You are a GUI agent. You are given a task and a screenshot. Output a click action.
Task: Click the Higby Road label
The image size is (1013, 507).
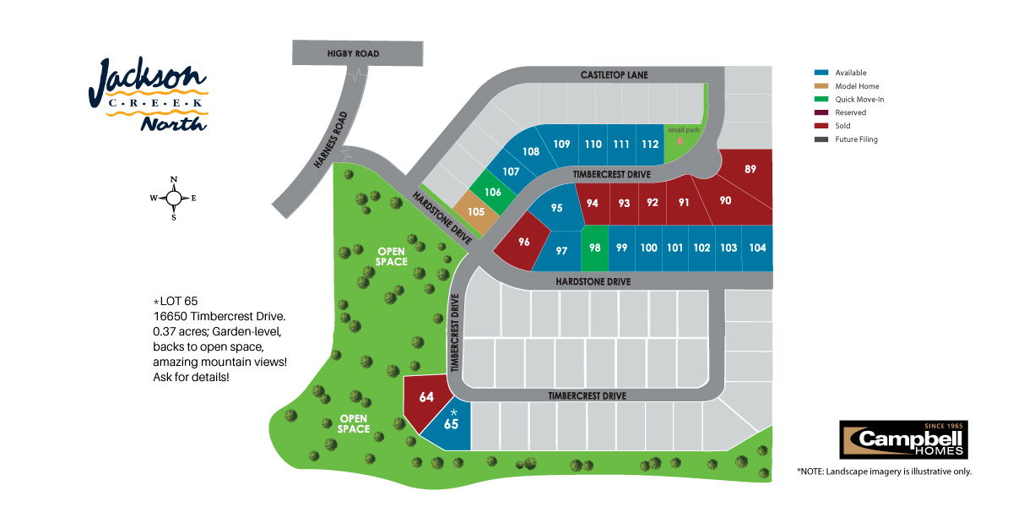click(x=353, y=53)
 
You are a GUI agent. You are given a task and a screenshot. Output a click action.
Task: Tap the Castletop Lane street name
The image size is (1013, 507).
click(x=615, y=74)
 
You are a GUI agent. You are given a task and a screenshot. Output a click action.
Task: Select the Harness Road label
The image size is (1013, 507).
click(x=331, y=140)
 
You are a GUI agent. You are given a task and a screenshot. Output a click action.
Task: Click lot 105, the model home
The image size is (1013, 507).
click(x=476, y=212)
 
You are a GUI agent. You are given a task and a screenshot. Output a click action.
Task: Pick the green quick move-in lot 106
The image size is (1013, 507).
click(x=492, y=192)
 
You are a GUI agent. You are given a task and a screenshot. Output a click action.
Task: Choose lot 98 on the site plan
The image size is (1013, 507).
click(x=594, y=248)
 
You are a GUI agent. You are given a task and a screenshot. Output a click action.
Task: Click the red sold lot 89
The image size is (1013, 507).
click(x=749, y=170)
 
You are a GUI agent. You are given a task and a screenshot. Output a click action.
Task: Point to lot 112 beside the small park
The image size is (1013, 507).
click(x=650, y=144)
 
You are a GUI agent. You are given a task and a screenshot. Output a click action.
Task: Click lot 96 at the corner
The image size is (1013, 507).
click(x=523, y=242)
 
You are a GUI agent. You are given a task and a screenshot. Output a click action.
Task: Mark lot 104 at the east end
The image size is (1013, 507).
click(x=757, y=248)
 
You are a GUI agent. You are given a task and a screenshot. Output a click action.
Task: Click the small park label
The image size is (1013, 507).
click(x=684, y=130)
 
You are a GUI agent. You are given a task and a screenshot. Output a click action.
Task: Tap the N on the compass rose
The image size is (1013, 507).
click(x=174, y=179)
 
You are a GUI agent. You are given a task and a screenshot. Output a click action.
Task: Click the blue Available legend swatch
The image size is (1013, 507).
click(x=821, y=73)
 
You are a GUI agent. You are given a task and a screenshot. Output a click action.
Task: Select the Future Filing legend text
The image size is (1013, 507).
click(x=856, y=139)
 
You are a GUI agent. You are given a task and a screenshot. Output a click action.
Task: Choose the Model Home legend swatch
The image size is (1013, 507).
click(x=821, y=86)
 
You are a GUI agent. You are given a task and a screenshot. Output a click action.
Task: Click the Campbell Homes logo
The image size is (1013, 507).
click(x=903, y=439)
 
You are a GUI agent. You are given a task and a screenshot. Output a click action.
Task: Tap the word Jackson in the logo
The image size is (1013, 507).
click(x=147, y=81)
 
